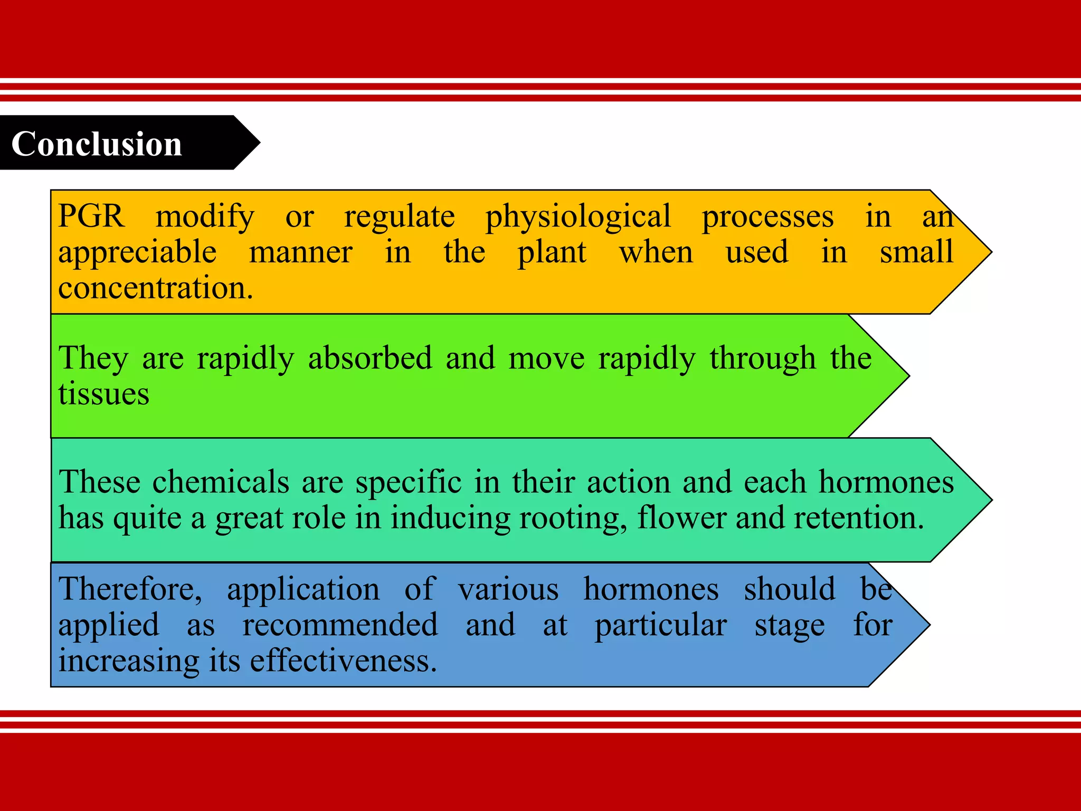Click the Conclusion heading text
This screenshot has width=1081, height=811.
pos(97,144)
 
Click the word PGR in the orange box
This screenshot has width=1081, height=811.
pos(91,216)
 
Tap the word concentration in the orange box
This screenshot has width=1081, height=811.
pos(156,288)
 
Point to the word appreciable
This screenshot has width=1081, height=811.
pos(137,252)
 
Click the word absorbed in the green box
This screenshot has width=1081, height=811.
pos(370,358)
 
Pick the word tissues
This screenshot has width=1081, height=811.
pos(103,394)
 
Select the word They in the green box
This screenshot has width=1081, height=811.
pos(93,359)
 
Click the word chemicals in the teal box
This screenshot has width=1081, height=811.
pos(221,482)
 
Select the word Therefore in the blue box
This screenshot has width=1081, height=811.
pos(130,589)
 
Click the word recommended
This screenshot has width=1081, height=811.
pos(340,625)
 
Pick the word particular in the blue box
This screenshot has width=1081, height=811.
pos(661,626)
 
